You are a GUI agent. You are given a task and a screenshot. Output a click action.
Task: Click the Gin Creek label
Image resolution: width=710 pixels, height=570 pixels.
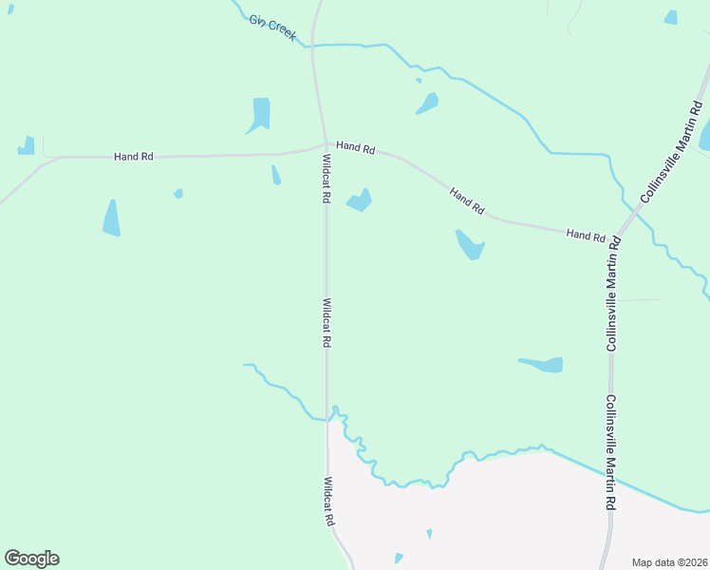coord(273,28)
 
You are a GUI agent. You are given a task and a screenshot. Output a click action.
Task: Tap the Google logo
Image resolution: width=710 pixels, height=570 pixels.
coord(31,559)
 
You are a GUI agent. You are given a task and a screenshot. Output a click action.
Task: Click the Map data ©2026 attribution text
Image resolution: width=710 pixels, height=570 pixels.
coord(668,562)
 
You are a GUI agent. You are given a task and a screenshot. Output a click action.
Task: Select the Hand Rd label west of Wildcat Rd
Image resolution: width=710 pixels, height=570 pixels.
coord(133,156)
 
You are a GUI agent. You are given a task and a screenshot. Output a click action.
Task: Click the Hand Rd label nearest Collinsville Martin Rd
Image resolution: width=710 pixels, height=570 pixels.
coord(586,234)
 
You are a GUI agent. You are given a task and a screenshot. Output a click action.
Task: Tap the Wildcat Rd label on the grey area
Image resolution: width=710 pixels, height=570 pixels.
coord(329,501)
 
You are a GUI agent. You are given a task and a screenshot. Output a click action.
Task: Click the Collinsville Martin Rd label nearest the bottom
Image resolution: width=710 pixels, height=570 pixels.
coord(612,451)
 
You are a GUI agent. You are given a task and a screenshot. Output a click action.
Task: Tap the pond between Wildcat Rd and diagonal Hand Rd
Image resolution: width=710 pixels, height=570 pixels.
coord(360,200)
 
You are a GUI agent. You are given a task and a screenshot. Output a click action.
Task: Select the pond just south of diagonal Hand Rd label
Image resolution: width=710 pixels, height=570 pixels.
coord(470,245)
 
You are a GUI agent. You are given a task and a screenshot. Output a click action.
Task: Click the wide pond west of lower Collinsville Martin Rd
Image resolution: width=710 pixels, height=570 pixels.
coord(542,364)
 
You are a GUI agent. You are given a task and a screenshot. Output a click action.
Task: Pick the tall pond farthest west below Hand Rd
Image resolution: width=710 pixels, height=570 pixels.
coord(111,218)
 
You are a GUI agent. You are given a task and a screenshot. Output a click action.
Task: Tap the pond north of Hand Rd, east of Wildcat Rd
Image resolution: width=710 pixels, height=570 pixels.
coord(427,103)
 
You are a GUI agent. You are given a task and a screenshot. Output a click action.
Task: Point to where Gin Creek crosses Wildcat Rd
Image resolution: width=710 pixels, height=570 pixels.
coord(313,45)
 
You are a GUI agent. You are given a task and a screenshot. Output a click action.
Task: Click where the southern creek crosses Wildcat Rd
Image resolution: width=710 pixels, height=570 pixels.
coord(328,418)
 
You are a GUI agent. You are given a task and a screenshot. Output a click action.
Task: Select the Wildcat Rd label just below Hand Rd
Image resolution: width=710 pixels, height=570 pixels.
coord(326,179)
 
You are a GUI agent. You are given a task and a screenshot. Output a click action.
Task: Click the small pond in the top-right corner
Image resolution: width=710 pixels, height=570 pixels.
coord(671,17)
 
